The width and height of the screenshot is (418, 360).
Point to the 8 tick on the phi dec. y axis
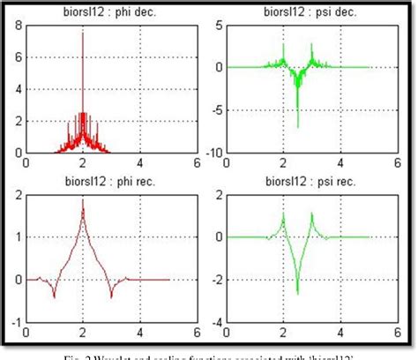tap(17, 26)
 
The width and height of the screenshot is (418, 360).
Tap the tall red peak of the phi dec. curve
tap(82, 34)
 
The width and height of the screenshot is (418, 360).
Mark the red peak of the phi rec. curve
tap(82, 199)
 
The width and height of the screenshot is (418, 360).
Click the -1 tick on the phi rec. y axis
tap(15, 322)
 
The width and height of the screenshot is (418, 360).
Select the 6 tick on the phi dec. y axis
tap(17, 58)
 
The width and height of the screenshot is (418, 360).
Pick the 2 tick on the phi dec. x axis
tap(82, 163)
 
